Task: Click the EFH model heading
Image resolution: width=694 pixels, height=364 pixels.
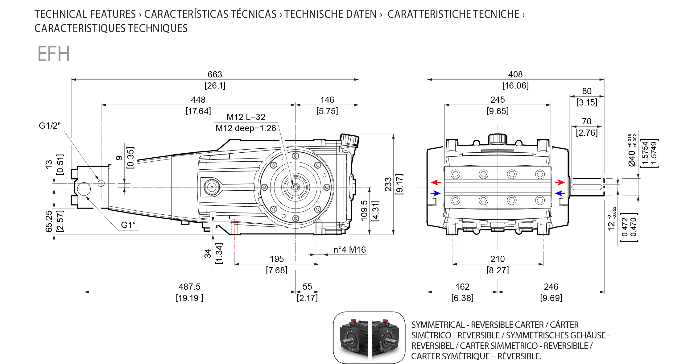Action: click(54, 54)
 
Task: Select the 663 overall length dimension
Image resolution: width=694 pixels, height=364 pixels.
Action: click(215, 74)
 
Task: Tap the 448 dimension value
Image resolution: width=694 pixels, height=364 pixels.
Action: click(198, 100)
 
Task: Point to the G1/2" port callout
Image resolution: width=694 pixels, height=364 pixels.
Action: click(50, 126)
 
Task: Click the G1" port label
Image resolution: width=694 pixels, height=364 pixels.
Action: click(128, 225)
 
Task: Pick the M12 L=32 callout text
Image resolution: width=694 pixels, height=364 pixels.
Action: click(246, 117)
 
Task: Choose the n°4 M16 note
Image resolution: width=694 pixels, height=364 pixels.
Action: click(349, 250)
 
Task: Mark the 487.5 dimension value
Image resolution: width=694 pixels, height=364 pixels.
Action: click(189, 287)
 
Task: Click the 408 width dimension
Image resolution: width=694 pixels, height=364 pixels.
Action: click(515, 74)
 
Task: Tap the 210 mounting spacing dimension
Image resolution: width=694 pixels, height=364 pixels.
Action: click(498, 259)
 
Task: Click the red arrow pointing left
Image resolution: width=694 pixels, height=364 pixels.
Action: click(436, 182)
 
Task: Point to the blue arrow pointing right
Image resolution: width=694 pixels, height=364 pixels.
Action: click(436, 193)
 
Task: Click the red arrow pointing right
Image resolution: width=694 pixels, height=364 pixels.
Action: click(560, 182)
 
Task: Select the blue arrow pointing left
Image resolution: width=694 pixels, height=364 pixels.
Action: click(560, 193)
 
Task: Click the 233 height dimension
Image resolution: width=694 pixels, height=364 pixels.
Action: click(388, 184)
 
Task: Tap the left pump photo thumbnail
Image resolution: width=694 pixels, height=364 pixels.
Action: click(353, 338)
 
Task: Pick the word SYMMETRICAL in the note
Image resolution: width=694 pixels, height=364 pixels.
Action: click(438, 325)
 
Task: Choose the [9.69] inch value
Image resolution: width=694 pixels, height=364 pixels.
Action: click(551, 298)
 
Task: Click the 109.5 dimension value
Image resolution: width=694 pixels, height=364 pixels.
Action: click(364, 211)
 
